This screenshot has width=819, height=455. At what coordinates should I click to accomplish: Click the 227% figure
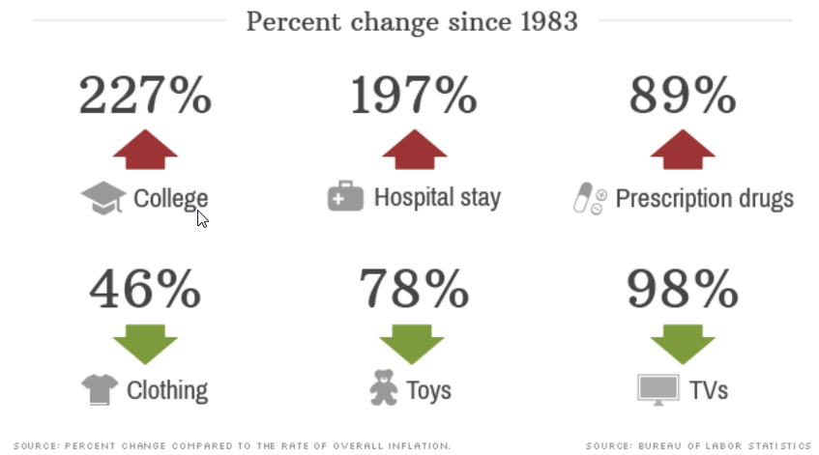[144, 96]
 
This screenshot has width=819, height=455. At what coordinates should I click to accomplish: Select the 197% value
[414, 96]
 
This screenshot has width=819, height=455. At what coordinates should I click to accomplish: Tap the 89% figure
[683, 96]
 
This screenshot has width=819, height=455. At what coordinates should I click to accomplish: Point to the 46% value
[145, 287]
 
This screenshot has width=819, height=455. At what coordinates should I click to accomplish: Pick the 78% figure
[414, 287]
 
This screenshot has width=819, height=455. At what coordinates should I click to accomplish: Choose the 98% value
[683, 287]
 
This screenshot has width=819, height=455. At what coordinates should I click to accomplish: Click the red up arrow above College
[145, 149]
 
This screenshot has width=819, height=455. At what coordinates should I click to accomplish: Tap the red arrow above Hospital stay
[414, 149]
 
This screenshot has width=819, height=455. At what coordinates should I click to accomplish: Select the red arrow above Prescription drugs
[683, 149]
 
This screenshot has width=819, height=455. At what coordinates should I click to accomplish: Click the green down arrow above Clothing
[145, 342]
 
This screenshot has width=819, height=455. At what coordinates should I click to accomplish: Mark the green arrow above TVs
[683, 342]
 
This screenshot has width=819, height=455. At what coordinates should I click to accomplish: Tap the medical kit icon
[345, 198]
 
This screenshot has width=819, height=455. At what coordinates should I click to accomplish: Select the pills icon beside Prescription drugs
[589, 199]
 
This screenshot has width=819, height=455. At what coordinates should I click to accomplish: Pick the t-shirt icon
[99, 389]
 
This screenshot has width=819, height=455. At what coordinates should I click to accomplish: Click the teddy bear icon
[384, 387]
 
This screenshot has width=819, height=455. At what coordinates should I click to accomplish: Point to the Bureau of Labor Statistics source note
[698, 445]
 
